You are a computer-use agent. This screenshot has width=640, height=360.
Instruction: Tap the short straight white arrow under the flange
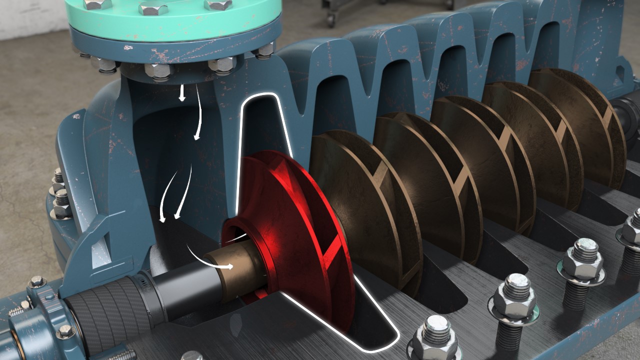[x=182, y=92]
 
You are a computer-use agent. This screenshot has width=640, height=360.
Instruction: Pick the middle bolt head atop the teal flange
[x=153, y=7]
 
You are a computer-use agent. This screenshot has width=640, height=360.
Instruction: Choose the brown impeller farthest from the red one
[x=575, y=125]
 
